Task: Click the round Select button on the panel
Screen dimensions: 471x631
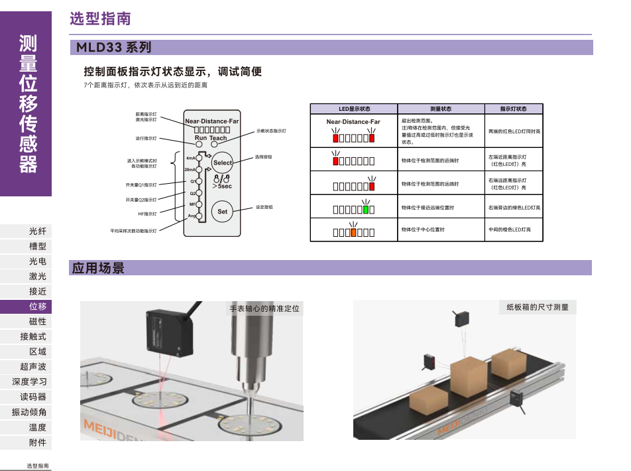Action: (223, 163)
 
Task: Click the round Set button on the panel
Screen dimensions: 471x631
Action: (223, 212)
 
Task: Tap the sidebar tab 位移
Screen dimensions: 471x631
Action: (38, 306)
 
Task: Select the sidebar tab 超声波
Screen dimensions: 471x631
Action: (33, 367)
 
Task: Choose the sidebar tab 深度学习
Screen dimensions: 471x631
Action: (29, 382)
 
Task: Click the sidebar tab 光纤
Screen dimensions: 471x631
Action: (38, 232)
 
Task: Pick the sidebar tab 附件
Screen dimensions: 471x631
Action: (38, 442)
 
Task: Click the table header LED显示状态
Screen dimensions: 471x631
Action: (354, 109)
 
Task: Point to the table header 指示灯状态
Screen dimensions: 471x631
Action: (513, 109)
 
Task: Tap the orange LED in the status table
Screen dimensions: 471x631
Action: (354, 232)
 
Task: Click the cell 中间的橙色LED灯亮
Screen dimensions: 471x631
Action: (509, 230)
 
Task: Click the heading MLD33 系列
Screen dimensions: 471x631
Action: (114, 48)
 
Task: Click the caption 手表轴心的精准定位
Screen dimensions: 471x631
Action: (264, 308)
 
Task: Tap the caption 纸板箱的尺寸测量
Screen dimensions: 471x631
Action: (538, 307)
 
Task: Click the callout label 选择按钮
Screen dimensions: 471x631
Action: (263, 157)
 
